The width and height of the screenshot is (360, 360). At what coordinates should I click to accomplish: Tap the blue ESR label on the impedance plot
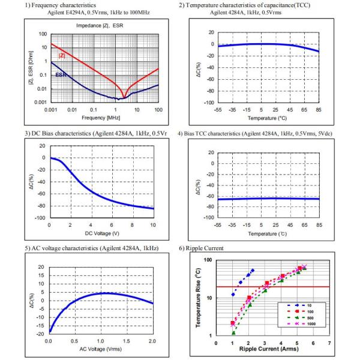pos(61,74)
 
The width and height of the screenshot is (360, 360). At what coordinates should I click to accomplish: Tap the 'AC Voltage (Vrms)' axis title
pos(101,348)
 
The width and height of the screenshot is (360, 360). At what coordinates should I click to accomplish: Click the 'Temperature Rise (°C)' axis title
pos(199,298)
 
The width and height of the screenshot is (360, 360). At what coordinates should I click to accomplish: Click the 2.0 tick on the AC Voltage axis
pos(152,340)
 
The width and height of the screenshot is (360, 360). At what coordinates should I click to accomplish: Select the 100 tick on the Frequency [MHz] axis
pos(158,110)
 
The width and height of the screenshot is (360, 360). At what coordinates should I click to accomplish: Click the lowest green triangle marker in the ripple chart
pos(233,332)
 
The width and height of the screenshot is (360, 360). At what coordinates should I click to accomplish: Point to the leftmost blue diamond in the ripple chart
pos(233,294)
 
